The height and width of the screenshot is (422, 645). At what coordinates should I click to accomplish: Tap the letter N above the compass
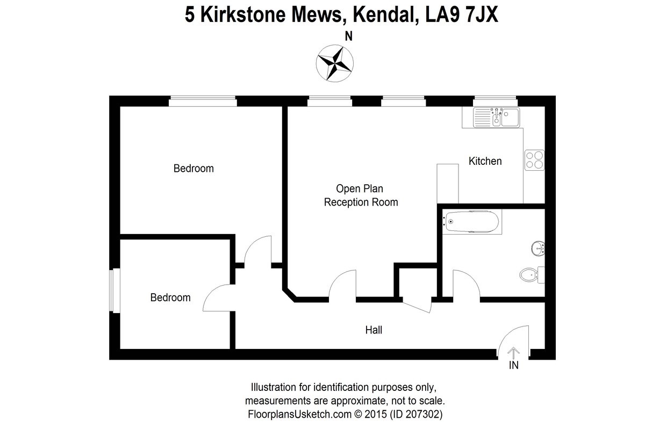pyautogui.click(x=348, y=37)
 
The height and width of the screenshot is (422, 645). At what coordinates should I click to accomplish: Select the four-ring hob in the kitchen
pyautogui.click(x=535, y=159)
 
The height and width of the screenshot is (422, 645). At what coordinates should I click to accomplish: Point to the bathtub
pyautogui.click(x=471, y=221)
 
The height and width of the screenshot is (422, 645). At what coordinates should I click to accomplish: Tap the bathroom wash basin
pyautogui.click(x=539, y=249)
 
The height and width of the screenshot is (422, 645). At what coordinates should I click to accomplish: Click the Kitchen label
pyautogui.click(x=485, y=161)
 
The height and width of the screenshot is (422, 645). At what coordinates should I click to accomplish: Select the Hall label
pyautogui.click(x=374, y=330)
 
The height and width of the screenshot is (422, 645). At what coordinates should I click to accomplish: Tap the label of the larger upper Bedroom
pyautogui.click(x=193, y=169)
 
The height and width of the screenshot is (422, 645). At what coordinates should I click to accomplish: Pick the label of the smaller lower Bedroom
pyautogui.click(x=170, y=297)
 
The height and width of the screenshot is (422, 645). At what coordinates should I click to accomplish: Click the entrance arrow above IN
pyautogui.click(x=513, y=353)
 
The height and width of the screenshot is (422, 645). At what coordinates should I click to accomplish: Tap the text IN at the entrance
pyautogui.click(x=513, y=366)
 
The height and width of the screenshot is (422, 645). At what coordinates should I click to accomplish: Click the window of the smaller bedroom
pyautogui.click(x=114, y=290)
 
